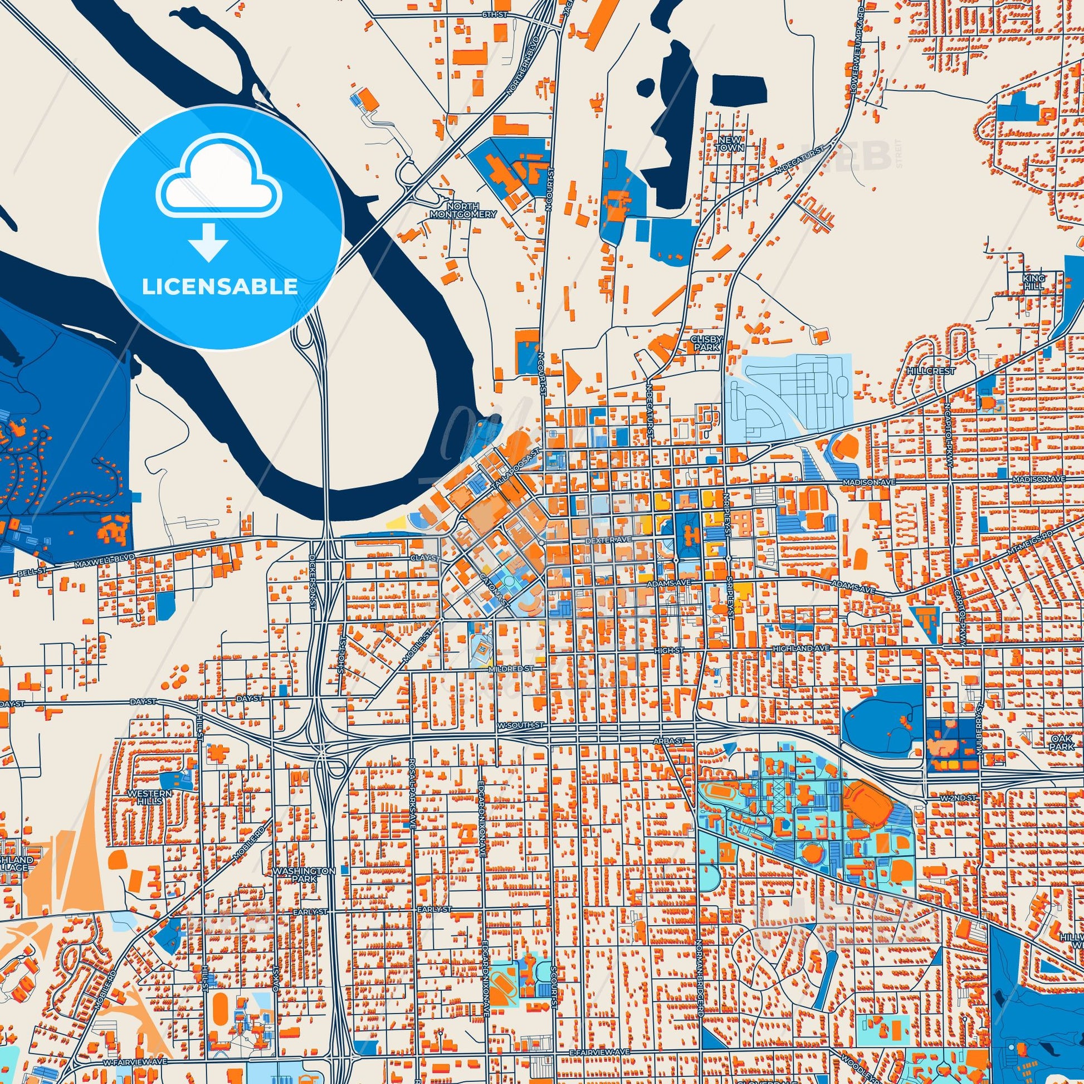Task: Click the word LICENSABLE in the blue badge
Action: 220,287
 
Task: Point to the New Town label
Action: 729,144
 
